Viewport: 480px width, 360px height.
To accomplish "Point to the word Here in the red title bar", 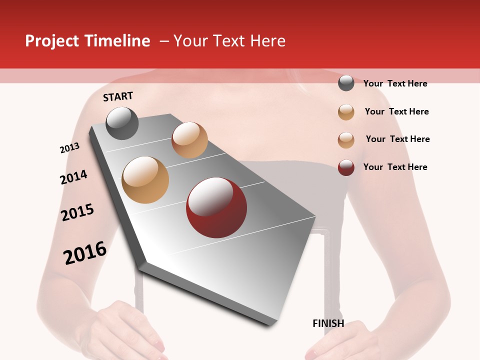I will click(267, 41).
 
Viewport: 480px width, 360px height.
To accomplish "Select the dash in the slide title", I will click(164, 41).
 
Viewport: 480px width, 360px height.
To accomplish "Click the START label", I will click(118, 96).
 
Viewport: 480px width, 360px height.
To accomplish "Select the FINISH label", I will click(328, 323).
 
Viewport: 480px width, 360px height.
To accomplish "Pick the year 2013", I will click(69, 148).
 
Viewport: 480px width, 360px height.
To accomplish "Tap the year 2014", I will click(73, 177).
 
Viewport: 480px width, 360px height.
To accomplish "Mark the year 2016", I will click(85, 252).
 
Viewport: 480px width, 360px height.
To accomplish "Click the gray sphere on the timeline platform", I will click(122, 123).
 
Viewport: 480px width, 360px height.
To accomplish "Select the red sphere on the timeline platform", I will click(216, 207).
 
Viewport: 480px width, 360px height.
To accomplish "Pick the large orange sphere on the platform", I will click(145, 179).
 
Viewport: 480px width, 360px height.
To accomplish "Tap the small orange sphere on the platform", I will click(189, 140).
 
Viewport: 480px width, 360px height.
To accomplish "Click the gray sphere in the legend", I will click(346, 83).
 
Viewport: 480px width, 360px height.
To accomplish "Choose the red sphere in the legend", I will click(346, 167).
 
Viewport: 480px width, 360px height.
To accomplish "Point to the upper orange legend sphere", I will click(346, 112).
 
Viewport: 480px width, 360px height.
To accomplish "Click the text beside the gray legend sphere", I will click(395, 83).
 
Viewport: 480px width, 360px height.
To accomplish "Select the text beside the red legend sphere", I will click(395, 167).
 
